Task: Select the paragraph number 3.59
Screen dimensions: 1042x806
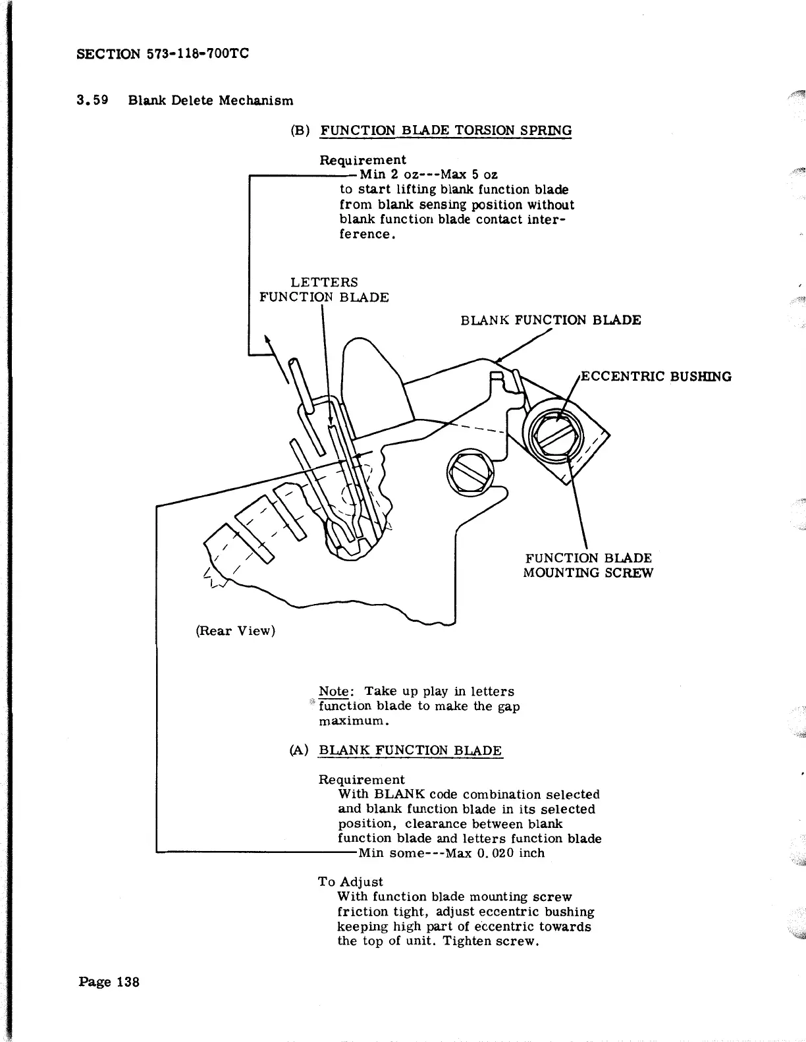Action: click(92, 101)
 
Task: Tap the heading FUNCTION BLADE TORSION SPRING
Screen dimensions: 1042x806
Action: click(445, 130)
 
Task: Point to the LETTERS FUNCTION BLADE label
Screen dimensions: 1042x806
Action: click(324, 290)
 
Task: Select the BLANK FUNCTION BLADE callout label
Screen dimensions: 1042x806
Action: click(551, 321)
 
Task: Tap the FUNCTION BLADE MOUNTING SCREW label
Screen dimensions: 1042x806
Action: click(587, 566)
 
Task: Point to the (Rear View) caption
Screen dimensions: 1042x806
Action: click(235, 631)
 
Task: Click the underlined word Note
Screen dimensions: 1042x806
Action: click(333, 692)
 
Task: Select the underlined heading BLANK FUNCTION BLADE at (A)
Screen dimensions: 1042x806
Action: click(410, 751)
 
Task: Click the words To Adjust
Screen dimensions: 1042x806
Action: click(350, 882)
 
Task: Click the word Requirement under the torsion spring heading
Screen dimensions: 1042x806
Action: click(363, 160)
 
